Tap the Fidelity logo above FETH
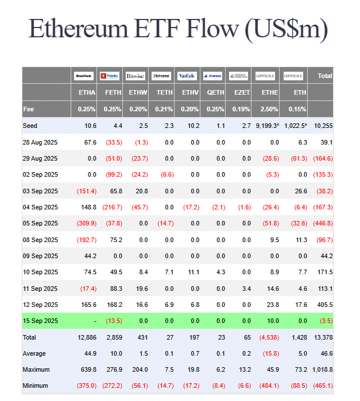click(x=109, y=76)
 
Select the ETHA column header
click(x=87, y=92)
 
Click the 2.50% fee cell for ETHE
click(x=269, y=109)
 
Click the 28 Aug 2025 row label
click(x=40, y=142)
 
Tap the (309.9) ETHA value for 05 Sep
click(x=87, y=223)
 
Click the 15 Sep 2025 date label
click(x=40, y=321)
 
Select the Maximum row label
click(x=36, y=369)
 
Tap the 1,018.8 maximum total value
click(x=320, y=369)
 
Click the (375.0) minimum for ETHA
click(x=87, y=386)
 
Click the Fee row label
click(x=29, y=109)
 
